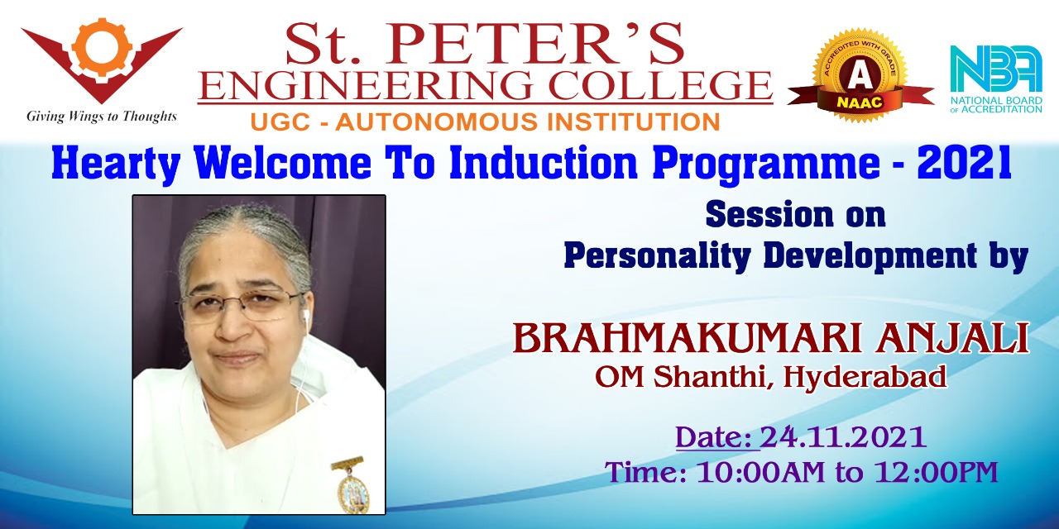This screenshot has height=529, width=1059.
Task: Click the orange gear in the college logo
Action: click(x=102, y=45)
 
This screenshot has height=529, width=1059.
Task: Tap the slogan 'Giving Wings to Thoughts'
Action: click(x=102, y=117)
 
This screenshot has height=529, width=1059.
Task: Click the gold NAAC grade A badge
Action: click(x=860, y=75)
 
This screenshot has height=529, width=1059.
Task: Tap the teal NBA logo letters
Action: click(x=996, y=69)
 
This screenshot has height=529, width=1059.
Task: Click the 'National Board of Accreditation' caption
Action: click(x=996, y=104)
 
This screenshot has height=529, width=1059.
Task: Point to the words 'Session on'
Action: click(x=795, y=215)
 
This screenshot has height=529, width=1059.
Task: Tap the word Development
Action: click(x=870, y=256)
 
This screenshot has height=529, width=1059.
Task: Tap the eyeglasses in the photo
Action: click(x=241, y=307)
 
